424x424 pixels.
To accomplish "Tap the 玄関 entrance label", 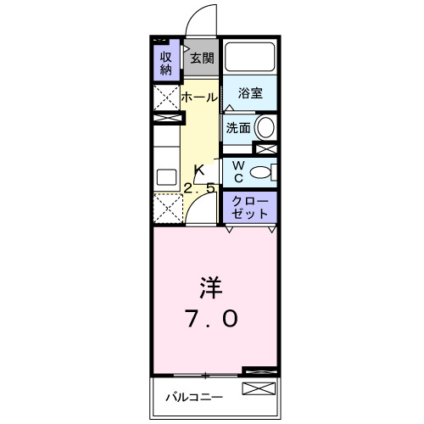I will coord(201,59).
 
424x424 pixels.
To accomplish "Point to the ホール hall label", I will coord(199,98).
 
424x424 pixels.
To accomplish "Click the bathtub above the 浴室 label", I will coord(251,59).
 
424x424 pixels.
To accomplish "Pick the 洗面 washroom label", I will coord(237,128).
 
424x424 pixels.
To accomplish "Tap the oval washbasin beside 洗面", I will coord(265,128).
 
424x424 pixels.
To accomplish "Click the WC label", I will coord(238,171).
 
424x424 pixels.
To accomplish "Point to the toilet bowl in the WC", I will coord(265,173).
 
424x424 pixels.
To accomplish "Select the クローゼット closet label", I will coord(251,208).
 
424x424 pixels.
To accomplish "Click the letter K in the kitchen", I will coord(201,170).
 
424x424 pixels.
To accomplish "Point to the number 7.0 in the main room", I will coord(212,321).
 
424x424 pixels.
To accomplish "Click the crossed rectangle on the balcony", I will coord(259,390).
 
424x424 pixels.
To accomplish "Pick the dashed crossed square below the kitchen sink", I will coord(168,209).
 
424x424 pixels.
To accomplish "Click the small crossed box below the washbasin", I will coord(265,149).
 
